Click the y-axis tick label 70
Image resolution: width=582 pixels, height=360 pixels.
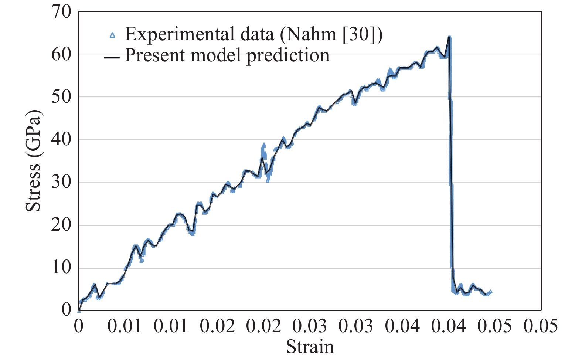61,12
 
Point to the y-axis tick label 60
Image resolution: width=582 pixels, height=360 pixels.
61,54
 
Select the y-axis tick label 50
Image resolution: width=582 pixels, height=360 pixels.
61,97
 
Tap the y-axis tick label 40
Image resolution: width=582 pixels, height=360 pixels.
61,140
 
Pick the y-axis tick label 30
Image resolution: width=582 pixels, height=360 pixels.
61,182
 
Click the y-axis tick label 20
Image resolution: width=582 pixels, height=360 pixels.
61,225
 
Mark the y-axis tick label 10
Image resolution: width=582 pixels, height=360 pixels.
61,268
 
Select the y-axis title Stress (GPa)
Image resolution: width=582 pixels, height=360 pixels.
34,161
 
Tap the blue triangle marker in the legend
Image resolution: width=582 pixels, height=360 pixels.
113,35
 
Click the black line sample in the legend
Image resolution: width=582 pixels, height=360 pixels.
112,57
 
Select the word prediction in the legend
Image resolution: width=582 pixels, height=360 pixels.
288,56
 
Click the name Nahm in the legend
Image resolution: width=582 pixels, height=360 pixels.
311,35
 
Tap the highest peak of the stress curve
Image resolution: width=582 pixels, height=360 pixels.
449,37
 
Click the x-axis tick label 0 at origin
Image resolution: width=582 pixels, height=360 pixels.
79,326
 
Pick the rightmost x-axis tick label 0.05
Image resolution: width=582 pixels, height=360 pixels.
541,326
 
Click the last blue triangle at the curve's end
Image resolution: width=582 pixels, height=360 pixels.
490,292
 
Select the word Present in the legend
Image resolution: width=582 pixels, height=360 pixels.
154,56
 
